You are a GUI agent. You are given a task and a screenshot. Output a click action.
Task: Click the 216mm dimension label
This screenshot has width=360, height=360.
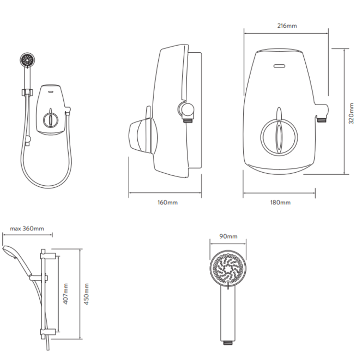pos(287,25)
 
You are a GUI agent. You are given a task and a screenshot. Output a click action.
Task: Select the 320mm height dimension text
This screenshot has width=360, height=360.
pos(351,112)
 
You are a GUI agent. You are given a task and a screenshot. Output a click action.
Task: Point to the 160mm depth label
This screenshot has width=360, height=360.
pos(168,203)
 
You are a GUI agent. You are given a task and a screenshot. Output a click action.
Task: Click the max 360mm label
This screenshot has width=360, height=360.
pos(27,228)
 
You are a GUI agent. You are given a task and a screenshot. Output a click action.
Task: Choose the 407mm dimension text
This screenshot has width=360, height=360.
pos(66,293)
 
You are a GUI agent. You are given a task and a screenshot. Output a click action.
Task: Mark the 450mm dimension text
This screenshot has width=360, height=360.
pos(86,293)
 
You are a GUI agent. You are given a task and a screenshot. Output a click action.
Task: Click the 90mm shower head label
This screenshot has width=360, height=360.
pos(228,237)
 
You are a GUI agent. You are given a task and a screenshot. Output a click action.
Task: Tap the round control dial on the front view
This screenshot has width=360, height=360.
pos(278,134)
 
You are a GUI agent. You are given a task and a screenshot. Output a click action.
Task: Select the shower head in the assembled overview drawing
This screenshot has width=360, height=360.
pos(27,60)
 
